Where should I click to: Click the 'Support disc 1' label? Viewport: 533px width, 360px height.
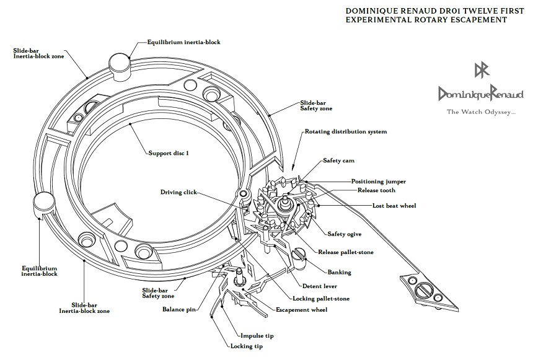[169, 152]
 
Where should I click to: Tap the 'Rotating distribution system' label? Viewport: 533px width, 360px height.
[345, 132]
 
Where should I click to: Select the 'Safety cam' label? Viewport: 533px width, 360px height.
[338, 161]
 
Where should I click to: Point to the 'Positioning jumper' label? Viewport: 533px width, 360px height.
[379, 182]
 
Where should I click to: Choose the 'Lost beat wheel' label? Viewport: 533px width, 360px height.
[394, 205]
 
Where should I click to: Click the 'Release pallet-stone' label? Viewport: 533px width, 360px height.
[354, 252]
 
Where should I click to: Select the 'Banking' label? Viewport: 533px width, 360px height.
[339, 272]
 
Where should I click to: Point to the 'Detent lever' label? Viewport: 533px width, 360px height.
[320, 286]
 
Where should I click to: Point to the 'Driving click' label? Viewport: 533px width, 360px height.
[178, 193]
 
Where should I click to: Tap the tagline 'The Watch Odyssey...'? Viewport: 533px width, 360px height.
[482, 112]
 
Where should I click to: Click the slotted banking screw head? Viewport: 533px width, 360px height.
[298, 254]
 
